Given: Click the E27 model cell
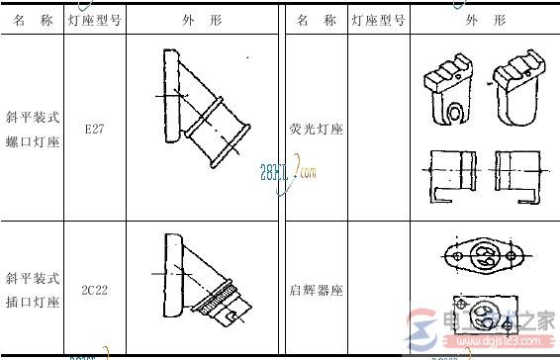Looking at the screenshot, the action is point(95,129).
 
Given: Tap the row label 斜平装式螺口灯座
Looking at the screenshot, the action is point(32,129).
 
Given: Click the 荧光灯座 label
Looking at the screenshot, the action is point(317,130).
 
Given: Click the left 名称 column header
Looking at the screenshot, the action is point(32,20).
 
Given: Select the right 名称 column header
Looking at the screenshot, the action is point(317,20).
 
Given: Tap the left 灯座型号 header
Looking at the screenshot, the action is point(95,20).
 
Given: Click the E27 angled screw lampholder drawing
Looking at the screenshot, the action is point(203,109).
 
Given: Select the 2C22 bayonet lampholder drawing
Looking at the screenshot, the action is point(203,269).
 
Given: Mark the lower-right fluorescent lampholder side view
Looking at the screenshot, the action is point(518,177).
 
